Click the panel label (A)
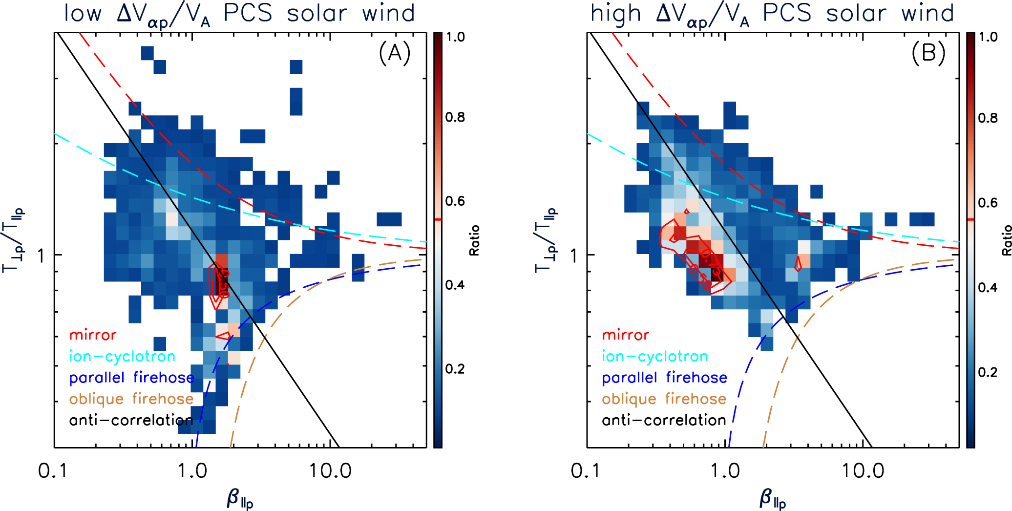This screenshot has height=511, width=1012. pyautogui.click(x=395, y=53)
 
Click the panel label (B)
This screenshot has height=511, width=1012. pyautogui.click(x=928, y=53)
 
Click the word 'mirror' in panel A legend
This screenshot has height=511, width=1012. pyautogui.click(x=93, y=335)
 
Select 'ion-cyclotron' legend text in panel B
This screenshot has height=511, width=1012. pyautogui.click(x=654, y=356)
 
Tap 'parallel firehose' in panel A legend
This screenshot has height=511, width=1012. pyautogui.click(x=131, y=378)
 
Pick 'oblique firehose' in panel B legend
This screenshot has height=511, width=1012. pyautogui.click(x=664, y=399)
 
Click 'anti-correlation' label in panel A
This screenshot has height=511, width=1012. pyautogui.click(x=131, y=420)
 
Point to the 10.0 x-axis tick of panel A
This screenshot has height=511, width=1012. pyautogui.click(x=330, y=471)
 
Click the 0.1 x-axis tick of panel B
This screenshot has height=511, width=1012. pyautogui.click(x=585, y=471)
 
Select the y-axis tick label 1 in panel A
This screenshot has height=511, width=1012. pyautogui.click(x=42, y=255)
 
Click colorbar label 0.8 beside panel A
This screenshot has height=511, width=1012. pyautogui.click(x=455, y=117)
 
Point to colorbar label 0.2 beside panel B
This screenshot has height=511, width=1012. pyautogui.click(x=988, y=372)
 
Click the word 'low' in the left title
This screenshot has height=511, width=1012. pyautogui.click(x=83, y=13)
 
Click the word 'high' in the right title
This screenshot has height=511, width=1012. pyautogui.click(x=615, y=13)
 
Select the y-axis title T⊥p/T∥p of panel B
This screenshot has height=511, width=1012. pyautogui.click(x=546, y=240)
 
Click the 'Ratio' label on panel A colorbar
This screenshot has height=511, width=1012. pyautogui.click(x=474, y=240)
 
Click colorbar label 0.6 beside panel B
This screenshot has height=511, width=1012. pyautogui.click(x=988, y=203)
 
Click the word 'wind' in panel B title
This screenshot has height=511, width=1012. pyautogui.click(x=928, y=13)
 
